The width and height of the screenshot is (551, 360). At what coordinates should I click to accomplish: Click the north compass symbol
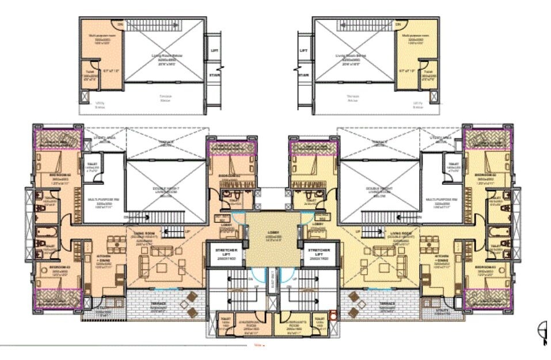pos(542,330)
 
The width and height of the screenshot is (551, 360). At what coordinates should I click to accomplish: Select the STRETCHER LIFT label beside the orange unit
pos(222,253)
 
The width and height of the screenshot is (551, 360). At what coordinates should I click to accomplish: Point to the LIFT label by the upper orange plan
pos(215,51)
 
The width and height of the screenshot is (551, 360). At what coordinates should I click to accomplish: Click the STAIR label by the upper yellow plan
pos(304,74)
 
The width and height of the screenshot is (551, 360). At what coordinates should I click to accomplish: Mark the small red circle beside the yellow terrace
pos(333,316)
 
